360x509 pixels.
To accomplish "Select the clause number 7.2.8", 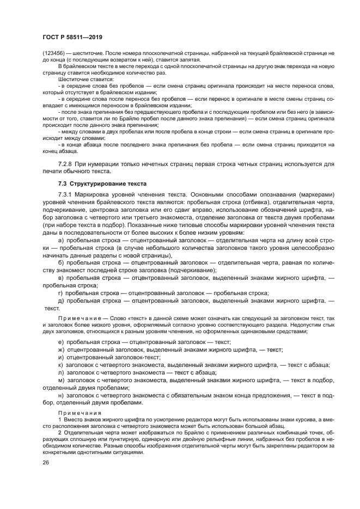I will coord(66,164).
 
